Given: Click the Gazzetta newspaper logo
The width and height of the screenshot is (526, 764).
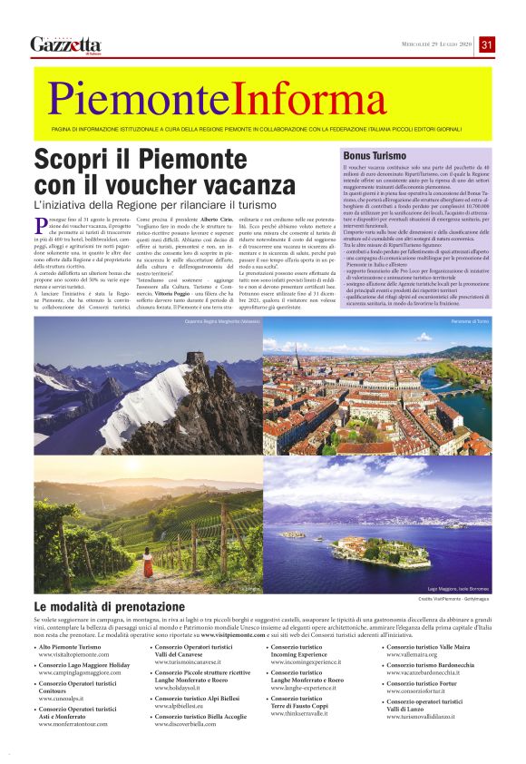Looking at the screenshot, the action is (x=64, y=44).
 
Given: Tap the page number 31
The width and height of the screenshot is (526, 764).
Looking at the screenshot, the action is (x=487, y=44).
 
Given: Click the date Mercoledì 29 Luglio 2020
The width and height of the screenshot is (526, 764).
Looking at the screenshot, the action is (x=438, y=45).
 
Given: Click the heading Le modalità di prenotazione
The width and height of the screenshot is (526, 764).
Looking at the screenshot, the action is (x=109, y=606).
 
